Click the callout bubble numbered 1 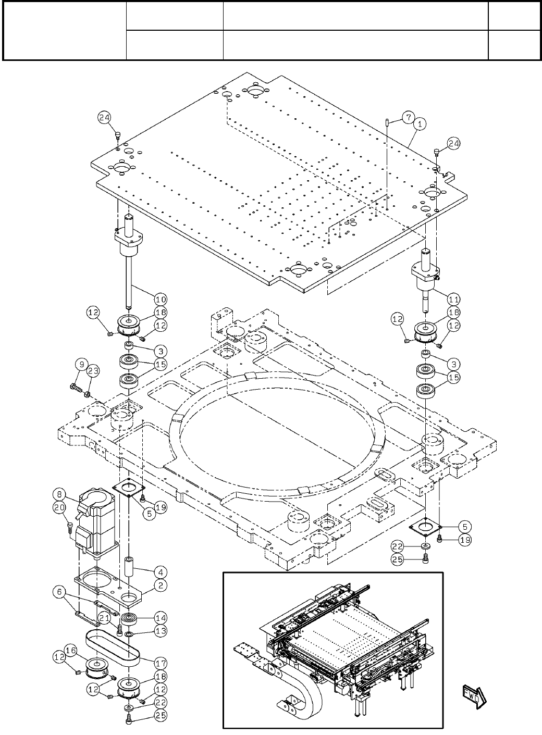click(x=421, y=124)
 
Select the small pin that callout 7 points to click(x=388, y=122)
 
